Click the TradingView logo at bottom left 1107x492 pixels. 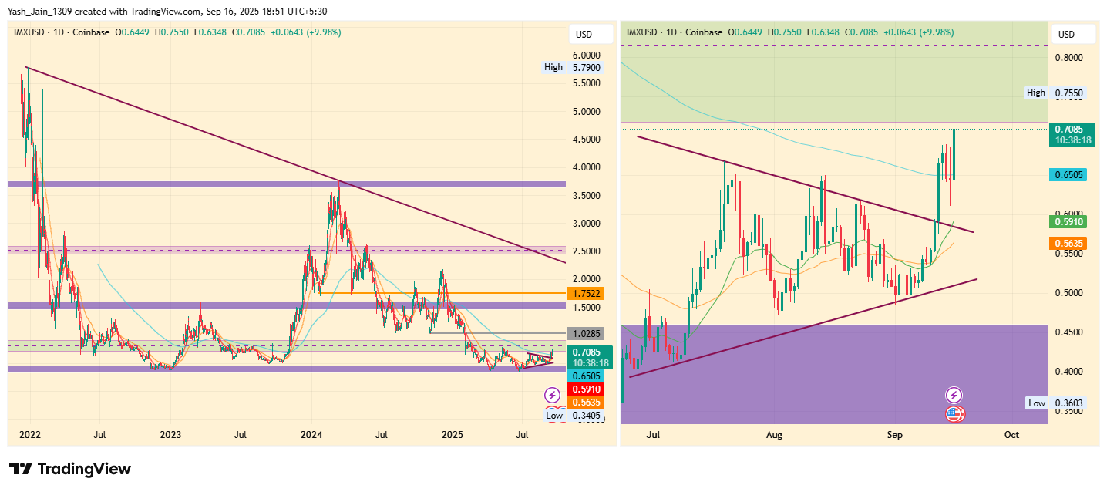69,469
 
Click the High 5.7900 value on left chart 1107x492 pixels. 586,67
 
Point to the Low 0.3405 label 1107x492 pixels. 586,416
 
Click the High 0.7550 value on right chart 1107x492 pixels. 1068,93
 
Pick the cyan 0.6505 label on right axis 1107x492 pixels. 1069,175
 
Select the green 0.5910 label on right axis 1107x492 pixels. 1069,222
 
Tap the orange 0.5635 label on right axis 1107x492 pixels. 1069,243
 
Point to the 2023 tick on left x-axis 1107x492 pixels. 170,435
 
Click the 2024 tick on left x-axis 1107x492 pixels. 311,435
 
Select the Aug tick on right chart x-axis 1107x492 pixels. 774,435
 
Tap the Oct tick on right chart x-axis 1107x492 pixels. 1011,435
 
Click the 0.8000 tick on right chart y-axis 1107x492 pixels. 1068,58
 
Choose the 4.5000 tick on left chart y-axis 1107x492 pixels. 586,140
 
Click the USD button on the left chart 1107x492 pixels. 584,34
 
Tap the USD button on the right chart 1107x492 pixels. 1066,34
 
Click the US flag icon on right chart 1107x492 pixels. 954,414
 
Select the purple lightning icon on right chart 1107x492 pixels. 954,395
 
